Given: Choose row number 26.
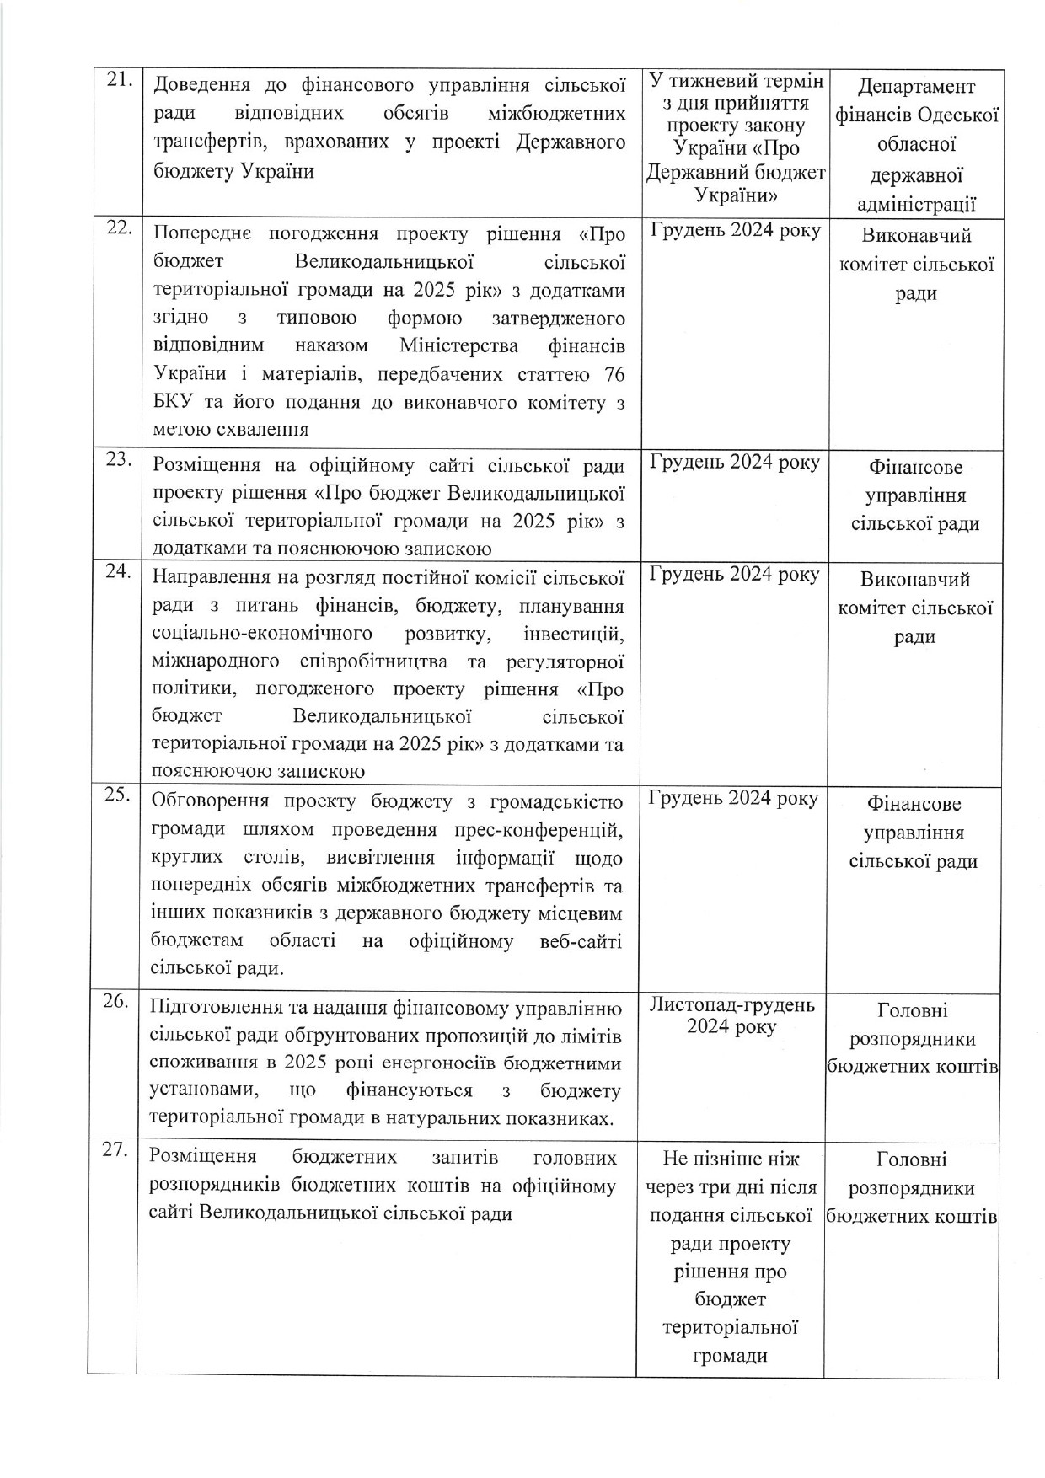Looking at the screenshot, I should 115,1002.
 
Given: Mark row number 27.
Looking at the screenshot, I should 115,1151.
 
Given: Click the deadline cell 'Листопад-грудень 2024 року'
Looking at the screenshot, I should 731,1016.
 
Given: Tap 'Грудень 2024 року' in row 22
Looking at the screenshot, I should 735,231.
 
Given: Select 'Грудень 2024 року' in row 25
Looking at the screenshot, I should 732,798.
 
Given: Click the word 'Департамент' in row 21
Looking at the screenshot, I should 916,87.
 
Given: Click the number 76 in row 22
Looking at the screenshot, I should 614,373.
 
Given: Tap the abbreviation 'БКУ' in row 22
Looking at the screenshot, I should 172,402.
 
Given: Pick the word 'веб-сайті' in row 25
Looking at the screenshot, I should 581,940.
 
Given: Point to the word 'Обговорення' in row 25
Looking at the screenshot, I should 210,801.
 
